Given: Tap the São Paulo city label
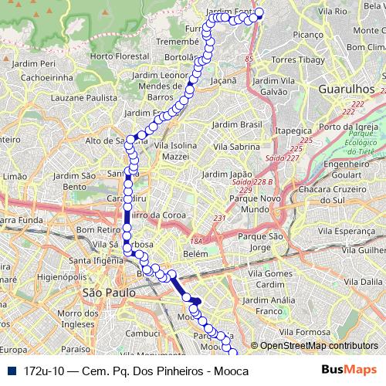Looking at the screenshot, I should pos(105,293).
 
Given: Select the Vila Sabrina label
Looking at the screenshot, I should pos(241,145).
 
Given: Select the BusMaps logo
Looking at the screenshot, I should pos(351,371).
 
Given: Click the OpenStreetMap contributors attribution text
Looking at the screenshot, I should pos(318,346).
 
